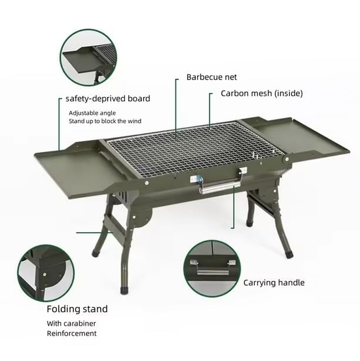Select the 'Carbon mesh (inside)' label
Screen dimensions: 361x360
click(261, 93)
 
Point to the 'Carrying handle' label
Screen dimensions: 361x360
click(274, 283)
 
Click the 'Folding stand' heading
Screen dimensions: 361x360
click(77, 309)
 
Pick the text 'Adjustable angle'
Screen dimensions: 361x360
click(92, 112)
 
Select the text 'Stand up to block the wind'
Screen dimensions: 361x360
click(105, 121)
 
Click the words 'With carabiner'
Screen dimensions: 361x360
click(71, 323)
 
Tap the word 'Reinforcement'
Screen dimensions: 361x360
click(72, 333)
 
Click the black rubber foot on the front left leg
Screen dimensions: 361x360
click(124, 290)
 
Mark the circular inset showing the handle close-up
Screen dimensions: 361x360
click(212, 268)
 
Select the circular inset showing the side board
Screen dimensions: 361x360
click(89, 57)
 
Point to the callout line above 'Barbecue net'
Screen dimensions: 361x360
click(176, 106)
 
